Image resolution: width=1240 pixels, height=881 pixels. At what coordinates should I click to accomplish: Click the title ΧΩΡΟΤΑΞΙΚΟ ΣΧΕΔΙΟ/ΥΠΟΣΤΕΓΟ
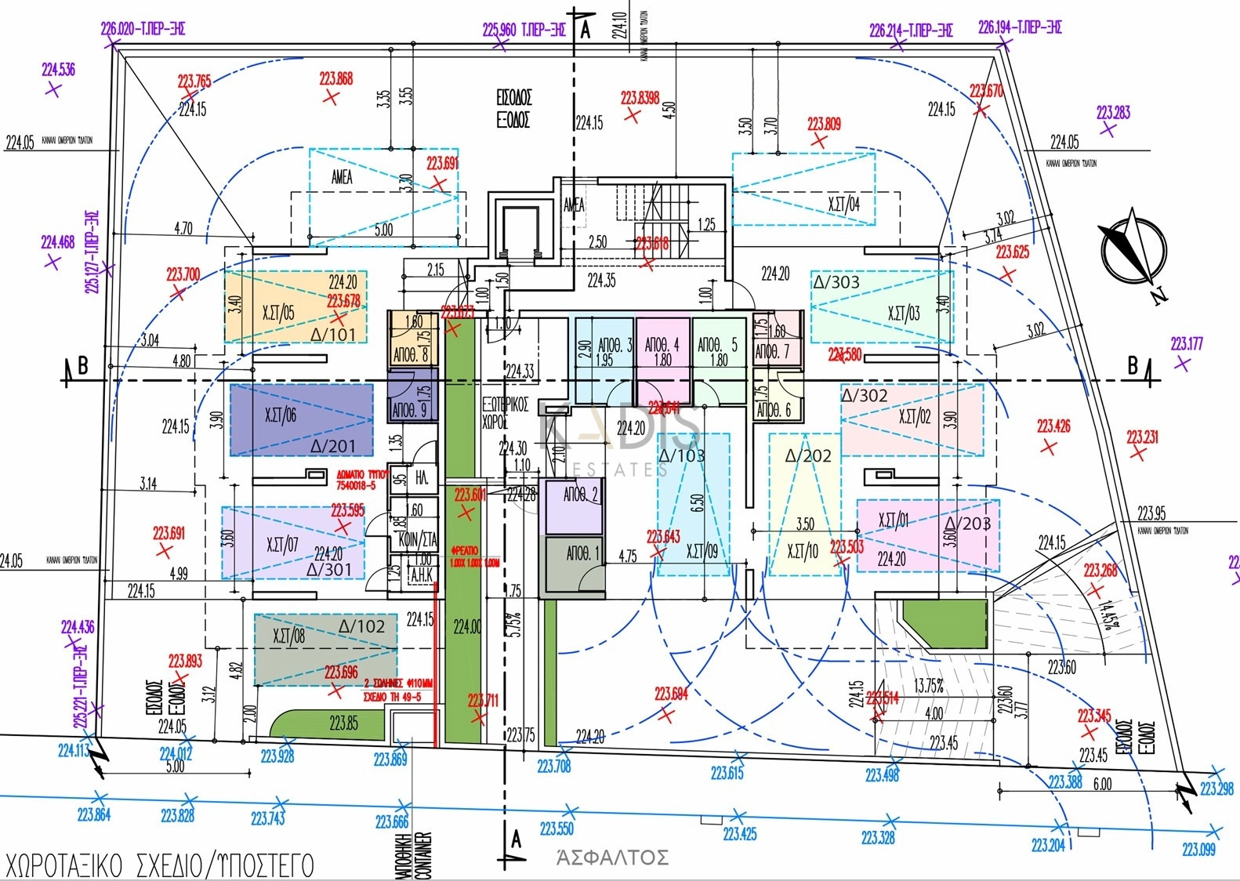(159, 865)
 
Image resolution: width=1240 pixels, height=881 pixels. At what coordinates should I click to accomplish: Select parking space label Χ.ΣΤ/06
(280, 415)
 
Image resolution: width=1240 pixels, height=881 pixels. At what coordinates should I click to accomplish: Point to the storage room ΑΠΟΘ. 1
(582, 554)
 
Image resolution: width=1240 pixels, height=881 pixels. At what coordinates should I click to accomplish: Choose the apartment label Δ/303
(836, 282)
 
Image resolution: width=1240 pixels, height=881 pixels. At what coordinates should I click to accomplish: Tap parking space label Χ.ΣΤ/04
(843, 205)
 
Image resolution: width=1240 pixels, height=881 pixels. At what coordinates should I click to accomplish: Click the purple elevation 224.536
(58, 70)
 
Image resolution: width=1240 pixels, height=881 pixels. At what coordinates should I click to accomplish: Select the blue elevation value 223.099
(1198, 850)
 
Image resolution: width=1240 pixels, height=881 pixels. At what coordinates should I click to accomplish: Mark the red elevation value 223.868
(335, 78)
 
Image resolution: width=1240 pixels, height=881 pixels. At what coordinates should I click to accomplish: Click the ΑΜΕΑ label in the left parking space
(342, 177)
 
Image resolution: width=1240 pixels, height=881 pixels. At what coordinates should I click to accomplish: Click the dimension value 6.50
(697, 503)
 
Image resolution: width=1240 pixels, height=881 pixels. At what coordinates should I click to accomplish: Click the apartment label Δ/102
(361, 627)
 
